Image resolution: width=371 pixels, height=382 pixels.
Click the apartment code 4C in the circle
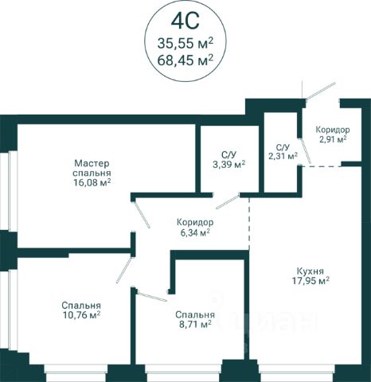click(185, 21)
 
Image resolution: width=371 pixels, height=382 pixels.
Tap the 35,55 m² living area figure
click(185, 43)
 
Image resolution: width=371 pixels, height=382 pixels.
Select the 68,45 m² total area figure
click(185, 60)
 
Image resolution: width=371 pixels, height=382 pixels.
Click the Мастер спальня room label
click(92, 168)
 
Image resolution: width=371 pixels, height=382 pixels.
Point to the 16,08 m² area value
click(92, 182)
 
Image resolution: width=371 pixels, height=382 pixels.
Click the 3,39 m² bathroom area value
click(228, 165)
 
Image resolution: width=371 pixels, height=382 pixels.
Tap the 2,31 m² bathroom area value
click(283, 156)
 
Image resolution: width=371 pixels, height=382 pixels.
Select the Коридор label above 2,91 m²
click(333, 130)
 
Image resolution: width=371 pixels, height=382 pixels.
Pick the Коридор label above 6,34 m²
click(195, 222)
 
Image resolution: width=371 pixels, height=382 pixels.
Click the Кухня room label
click(310, 271)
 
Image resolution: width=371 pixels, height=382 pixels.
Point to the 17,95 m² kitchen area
click(310, 281)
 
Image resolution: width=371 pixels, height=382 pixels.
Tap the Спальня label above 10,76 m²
click(81, 306)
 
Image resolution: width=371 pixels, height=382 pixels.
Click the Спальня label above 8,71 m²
click(195, 315)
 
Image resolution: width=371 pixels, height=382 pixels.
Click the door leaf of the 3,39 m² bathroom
click(228, 201)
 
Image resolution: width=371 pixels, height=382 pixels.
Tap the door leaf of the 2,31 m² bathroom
click(306, 150)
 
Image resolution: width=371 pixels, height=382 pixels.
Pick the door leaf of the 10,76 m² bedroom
click(124, 269)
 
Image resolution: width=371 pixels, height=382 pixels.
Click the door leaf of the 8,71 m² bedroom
click(152, 296)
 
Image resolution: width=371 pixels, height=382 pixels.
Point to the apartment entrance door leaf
click(320, 91)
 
